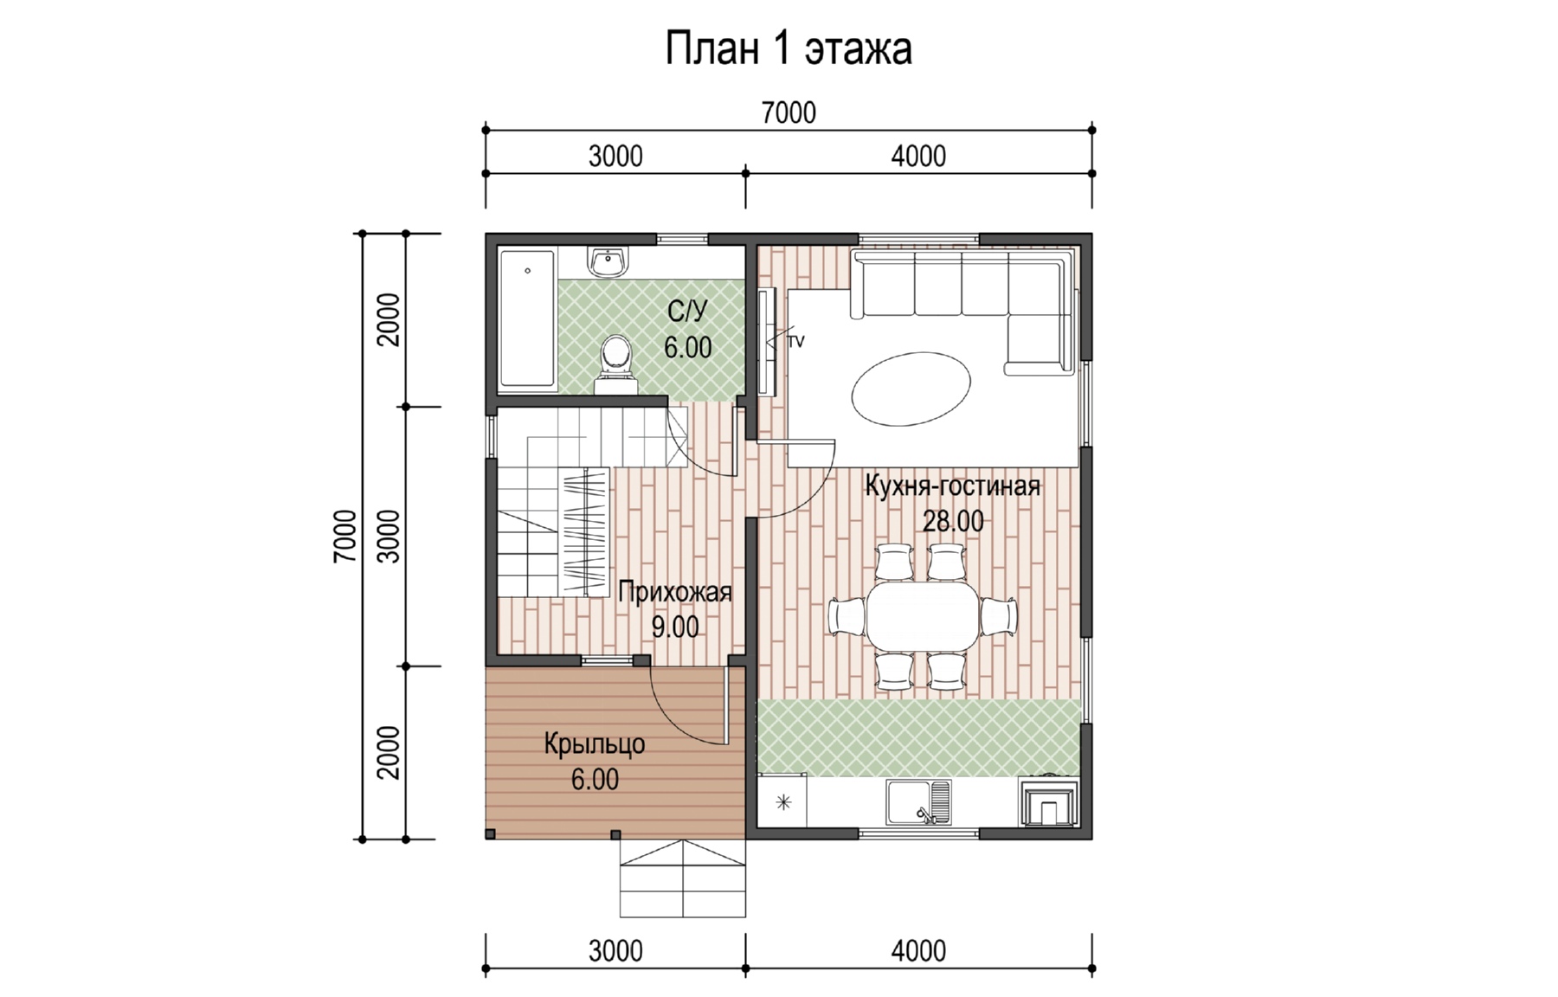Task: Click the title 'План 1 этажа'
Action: (788, 48)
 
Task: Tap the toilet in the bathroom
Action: (615, 363)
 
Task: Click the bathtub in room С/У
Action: (528, 318)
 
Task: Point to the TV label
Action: (795, 342)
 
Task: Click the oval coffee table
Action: (911, 389)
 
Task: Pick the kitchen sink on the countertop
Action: (918, 801)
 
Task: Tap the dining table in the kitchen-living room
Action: (923, 616)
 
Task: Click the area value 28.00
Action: (952, 521)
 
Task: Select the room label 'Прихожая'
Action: (675, 592)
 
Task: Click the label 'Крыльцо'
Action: (595, 744)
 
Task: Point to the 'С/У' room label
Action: (687, 310)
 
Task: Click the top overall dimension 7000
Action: (789, 113)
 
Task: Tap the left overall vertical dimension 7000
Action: (344, 537)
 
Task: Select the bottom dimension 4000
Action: (918, 950)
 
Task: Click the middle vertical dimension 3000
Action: (390, 537)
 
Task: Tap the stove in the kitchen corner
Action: (1049, 802)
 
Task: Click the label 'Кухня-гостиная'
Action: (952, 486)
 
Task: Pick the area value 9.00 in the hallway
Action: (675, 627)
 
